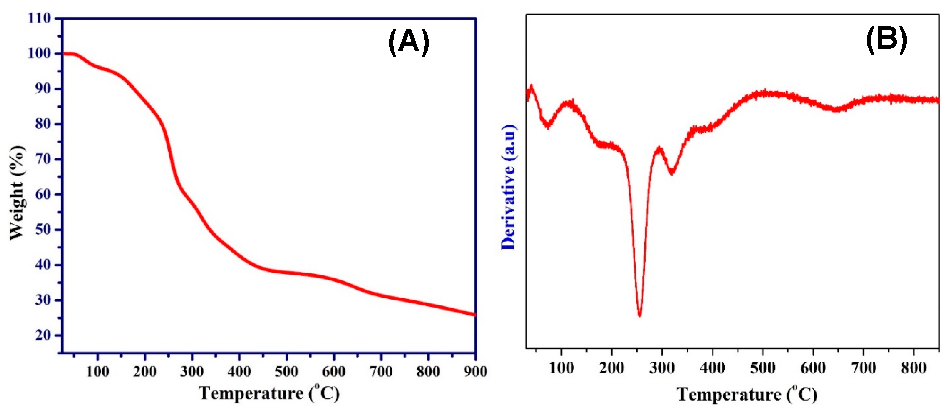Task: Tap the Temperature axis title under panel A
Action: click(269, 393)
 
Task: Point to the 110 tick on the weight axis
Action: click(39, 18)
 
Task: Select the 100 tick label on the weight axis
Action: click(39, 53)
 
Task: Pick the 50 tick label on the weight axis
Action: click(43, 229)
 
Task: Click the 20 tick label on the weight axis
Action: click(43, 335)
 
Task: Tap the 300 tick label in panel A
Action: click(192, 371)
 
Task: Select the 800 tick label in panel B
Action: click(913, 368)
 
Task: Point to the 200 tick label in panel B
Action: click(611, 368)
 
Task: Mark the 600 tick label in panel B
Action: click(813, 368)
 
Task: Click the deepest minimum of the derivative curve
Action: click(639, 315)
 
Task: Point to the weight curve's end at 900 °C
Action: click(474, 315)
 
